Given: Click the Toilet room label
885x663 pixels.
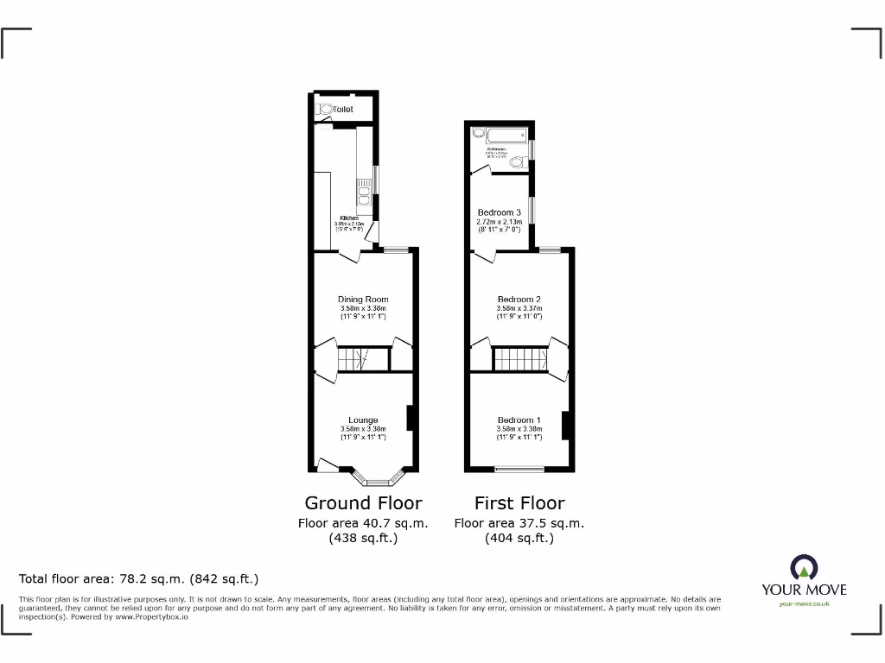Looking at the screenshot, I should (x=344, y=110).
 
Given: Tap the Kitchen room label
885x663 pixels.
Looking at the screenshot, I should (x=349, y=218).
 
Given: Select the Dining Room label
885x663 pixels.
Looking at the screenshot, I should (x=363, y=300).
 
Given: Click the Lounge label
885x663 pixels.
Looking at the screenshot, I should (x=363, y=420).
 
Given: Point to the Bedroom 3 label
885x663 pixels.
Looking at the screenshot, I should (x=500, y=212).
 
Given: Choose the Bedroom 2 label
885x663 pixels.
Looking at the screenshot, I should (x=519, y=300).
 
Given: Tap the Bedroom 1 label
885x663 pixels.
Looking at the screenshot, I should (x=519, y=420).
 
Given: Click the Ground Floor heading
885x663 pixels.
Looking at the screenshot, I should (x=363, y=502).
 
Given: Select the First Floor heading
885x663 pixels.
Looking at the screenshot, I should (x=519, y=502).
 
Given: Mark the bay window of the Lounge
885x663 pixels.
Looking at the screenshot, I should (x=378, y=477).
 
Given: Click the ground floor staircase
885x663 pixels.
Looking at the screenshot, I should (x=353, y=358).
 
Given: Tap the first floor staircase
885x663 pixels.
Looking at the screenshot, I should (x=520, y=358).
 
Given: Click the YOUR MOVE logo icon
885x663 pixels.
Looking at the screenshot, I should (x=804, y=568).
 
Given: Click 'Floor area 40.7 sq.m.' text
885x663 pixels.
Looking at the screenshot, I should (x=363, y=523).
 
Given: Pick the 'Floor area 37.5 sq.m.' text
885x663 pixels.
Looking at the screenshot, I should (x=519, y=523).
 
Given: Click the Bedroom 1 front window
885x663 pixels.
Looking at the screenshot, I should (x=519, y=470).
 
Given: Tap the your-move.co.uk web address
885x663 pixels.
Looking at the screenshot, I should (x=804, y=604).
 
